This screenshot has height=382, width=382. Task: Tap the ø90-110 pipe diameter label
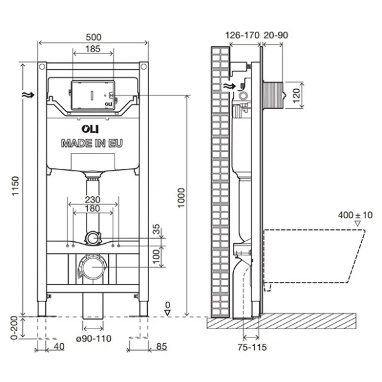coord(93,339)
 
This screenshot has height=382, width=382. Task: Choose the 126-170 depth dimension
coord(243,36)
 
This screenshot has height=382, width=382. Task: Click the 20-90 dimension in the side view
coord(277,36)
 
